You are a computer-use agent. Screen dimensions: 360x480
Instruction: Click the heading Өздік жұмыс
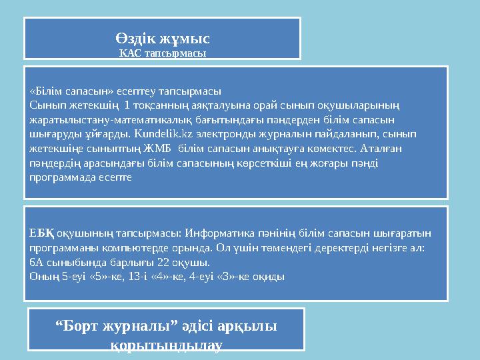(163, 39)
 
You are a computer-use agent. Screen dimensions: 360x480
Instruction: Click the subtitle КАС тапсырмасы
(163, 53)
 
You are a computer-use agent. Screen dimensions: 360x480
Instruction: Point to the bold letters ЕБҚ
(41, 233)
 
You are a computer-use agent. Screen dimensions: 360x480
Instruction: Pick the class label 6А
(36, 262)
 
